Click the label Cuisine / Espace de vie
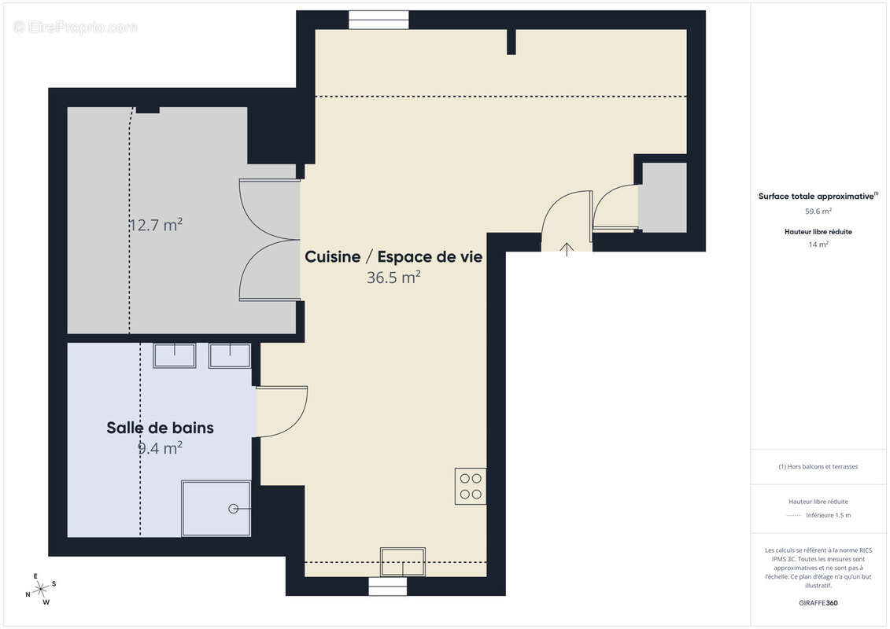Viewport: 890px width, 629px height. click(393, 257)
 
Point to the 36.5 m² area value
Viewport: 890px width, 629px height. click(393, 278)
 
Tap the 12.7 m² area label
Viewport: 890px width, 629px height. click(156, 225)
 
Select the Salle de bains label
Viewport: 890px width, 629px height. click(160, 428)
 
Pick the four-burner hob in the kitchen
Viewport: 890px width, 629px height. click(470, 486)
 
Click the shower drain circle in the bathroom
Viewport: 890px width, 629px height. click(233, 509)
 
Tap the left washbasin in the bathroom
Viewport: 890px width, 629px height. click(174, 355)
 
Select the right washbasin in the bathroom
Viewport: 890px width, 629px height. click(229, 355)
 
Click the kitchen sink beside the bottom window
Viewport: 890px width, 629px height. click(402, 561)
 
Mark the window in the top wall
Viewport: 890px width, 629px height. click(379, 20)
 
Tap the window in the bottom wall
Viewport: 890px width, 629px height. click(390, 587)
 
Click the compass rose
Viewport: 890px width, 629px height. click(41, 589)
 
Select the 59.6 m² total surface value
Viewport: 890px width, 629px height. click(818, 211)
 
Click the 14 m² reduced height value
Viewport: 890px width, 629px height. click(818, 245)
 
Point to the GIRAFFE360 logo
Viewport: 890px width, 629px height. click(818, 603)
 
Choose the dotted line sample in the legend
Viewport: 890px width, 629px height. click(794, 516)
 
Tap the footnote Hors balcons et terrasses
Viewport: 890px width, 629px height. click(818, 466)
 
